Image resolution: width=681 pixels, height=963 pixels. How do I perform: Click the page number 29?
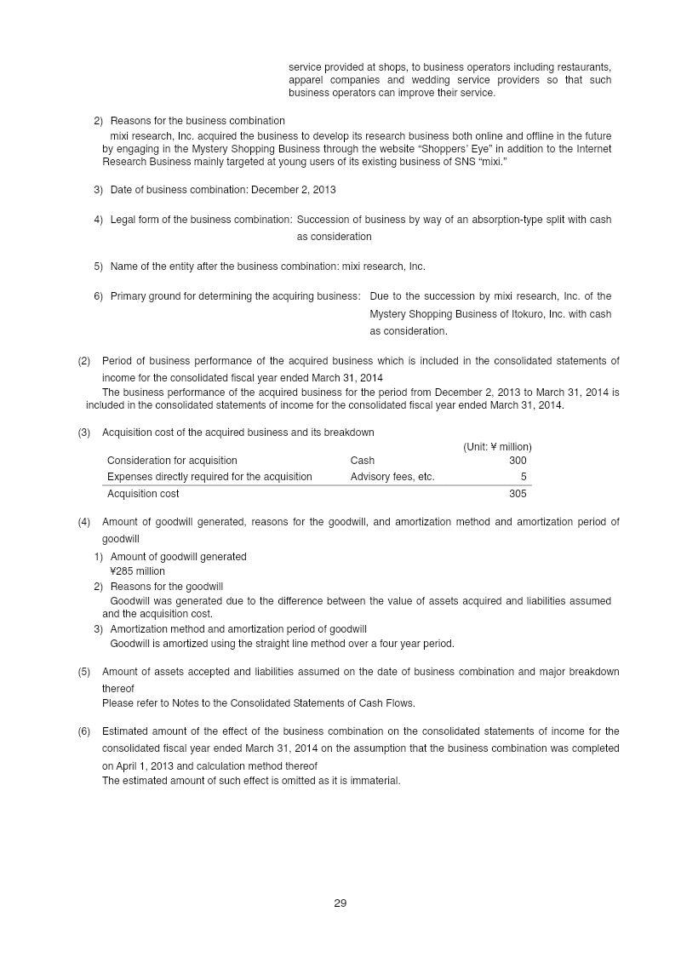pyautogui.click(x=340, y=903)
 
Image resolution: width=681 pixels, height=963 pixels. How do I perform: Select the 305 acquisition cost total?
pyautogui.click(x=518, y=494)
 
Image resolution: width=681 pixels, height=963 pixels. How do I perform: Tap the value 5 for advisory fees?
pyautogui.click(x=524, y=477)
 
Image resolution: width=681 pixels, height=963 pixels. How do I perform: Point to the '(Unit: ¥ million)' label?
pyautogui.click(x=497, y=446)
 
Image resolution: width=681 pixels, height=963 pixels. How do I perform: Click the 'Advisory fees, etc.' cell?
pyautogui.click(x=392, y=477)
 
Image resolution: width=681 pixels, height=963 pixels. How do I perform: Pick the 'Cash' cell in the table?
pyautogui.click(x=362, y=461)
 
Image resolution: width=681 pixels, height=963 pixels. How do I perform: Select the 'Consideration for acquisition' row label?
pyautogui.click(x=172, y=461)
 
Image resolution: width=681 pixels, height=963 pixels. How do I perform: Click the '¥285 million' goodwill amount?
pyautogui.click(x=137, y=571)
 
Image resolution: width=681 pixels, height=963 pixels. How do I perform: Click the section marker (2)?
pyautogui.click(x=84, y=362)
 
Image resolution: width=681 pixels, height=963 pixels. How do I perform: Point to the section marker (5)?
pyautogui.click(x=84, y=672)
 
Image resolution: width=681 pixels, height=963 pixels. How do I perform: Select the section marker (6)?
pyautogui.click(x=84, y=731)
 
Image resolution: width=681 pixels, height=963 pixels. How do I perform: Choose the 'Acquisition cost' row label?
pyautogui.click(x=143, y=494)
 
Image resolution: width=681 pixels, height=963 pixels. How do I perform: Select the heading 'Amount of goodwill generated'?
pyautogui.click(x=179, y=557)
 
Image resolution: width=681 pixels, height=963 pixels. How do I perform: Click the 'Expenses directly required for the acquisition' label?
pyautogui.click(x=209, y=477)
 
